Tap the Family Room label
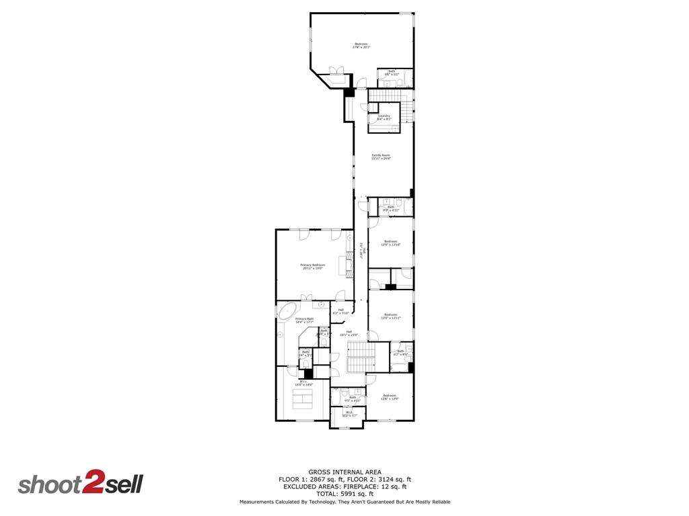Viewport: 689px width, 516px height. [381, 157]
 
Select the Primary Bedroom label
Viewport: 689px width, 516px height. [312, 266]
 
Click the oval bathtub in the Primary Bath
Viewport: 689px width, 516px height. [288, 312]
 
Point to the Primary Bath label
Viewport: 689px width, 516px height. [304, 320]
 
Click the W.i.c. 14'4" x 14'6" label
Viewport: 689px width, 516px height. [303, 383]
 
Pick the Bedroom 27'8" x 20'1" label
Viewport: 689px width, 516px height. [361, 46]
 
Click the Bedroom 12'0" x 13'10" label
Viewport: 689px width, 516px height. [391, 243]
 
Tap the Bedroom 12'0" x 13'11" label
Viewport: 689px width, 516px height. [391, 316]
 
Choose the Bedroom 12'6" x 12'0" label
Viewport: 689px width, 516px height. [390, 397]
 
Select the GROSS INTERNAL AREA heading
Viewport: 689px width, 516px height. [344, 472]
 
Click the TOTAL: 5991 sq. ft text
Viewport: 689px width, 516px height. [344, 493]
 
